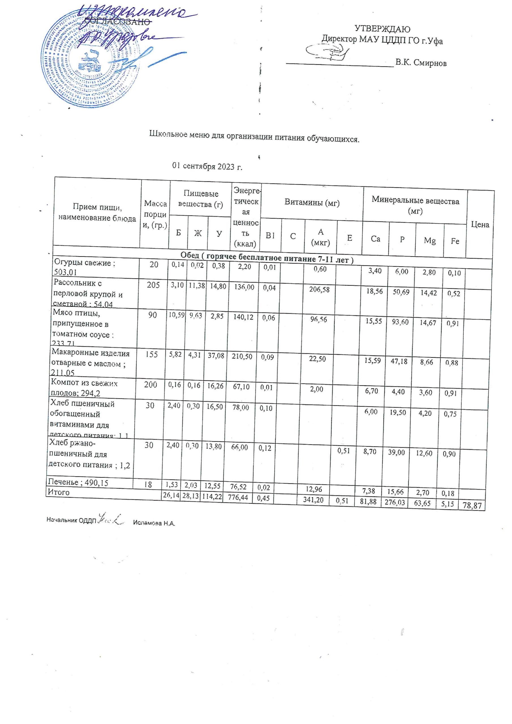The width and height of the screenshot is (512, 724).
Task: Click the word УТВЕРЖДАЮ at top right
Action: coord(382,29)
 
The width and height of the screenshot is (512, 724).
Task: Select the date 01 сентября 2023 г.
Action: coord(207,167)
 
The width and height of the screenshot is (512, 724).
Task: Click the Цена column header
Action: coord(480,225)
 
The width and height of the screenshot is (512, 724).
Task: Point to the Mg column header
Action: coord(429,241)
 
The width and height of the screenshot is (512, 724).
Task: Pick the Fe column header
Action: coord(455,241)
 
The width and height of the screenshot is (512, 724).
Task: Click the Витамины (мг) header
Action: coord(312,202)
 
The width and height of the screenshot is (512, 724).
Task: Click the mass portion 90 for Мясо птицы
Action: coord(152,315)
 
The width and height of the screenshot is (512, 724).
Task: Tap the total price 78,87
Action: coord(472,506)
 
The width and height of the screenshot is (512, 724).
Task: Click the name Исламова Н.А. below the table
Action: coord(154,523)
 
